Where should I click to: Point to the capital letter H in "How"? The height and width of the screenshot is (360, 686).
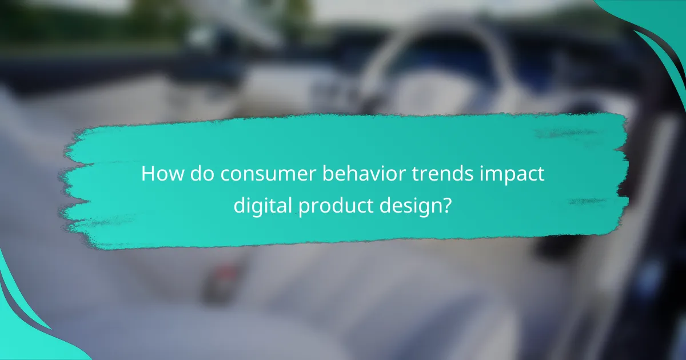pyautogui.click(x=147, y=174)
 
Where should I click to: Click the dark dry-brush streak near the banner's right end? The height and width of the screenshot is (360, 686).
pyautogui.click(x=589, y=201)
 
